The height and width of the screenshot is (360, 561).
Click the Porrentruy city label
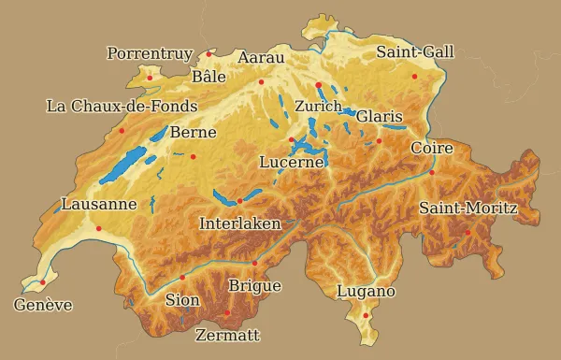(x=150, y=54)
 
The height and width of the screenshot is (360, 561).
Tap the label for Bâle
(x=209, y=77)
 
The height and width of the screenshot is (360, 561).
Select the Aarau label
(x=261, y=58)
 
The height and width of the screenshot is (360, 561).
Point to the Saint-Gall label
(x=415, y=51)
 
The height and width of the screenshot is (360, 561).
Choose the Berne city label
(x=193, y=133)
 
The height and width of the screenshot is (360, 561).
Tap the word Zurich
(x=318, y=107)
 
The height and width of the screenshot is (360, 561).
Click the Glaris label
(x=379, y=117)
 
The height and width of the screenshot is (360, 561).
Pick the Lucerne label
(x=292, y=163)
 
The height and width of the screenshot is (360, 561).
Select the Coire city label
(x=432, y=149)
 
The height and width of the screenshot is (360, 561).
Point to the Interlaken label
(x=240, y=224)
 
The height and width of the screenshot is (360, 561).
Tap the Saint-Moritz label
(x=467, y=208)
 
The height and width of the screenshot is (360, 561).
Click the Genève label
(x=43, y=306)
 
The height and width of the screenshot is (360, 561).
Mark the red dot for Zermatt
(x=228, y=313)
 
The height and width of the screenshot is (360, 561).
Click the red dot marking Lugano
(x=365, y=315)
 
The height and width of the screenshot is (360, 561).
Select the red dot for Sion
(x=182, y=278)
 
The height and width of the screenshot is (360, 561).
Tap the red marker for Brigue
(x=254, y=264)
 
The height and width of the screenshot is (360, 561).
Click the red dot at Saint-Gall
(x=414, y=77)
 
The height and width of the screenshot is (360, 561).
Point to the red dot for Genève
(x=43, y=282)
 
